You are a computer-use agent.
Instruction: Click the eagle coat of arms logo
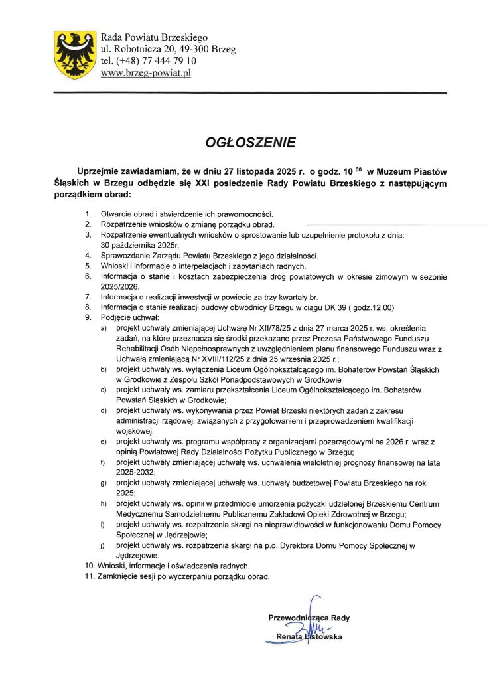pos(74,53)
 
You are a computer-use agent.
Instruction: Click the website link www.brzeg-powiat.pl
pos(145,73)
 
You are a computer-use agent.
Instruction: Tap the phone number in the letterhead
pos(148,61)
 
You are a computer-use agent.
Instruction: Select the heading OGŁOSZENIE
pos(249,141)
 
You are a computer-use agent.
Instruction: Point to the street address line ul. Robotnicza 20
pos(167,49)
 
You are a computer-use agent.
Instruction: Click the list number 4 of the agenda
pos(88,256)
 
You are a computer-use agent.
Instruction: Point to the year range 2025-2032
pos(136,472)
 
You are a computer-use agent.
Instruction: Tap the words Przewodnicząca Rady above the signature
pos(309,618)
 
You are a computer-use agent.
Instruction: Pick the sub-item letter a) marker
pos(102,329)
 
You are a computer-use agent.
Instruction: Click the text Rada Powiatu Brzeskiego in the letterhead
pos(154,37)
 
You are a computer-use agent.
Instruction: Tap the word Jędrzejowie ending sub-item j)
pos(138,555)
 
